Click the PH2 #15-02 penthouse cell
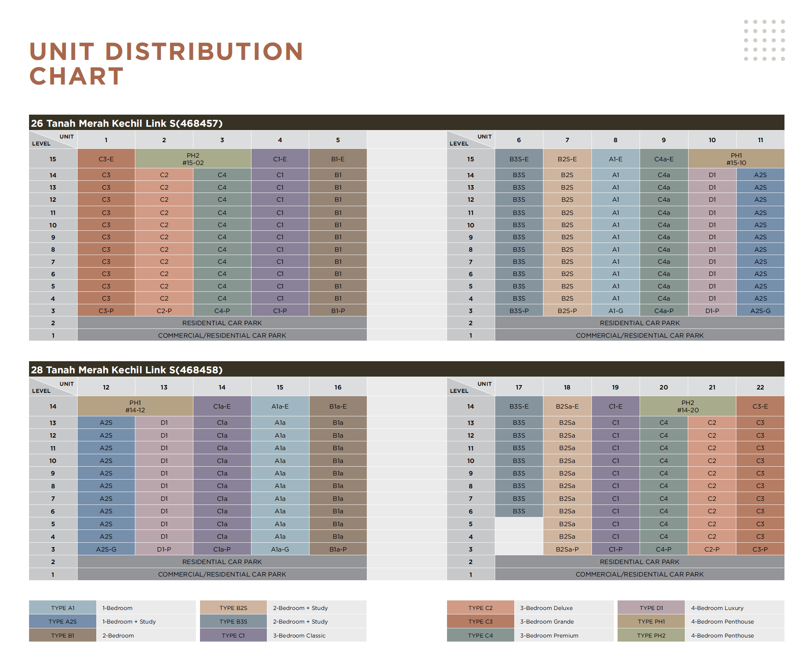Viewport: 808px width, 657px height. [x=193, y=159]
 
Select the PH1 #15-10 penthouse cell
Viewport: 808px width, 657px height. [x=736, y=159]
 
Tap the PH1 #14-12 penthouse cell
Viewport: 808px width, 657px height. [x=135, y=406]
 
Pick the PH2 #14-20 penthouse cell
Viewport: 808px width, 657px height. [x=687, y=406]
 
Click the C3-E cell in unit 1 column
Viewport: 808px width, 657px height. [x=106, y=159]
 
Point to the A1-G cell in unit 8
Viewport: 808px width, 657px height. [x=615, y=311]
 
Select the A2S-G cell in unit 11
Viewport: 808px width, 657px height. [x=760, y=311]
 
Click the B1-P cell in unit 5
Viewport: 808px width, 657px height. [x=338, y=311]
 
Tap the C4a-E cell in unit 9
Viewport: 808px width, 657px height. [x=664, y=159]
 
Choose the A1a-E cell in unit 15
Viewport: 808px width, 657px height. [x=280, y=406]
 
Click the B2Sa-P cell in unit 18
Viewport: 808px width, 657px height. [x=567, y=549]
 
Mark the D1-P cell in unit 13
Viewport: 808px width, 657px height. [x=164, y=549]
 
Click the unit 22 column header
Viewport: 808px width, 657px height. [x=760, y=387]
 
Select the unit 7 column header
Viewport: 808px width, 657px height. [x=567, y=140]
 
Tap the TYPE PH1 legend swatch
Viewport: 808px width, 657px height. [x=651, y=621]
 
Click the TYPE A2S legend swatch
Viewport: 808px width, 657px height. [x=62, y=621]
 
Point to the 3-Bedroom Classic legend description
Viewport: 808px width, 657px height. [x=299, y=635]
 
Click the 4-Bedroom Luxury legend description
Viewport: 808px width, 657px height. [x=717, y=608]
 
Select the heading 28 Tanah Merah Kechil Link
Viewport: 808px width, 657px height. [x=126, y=370]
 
